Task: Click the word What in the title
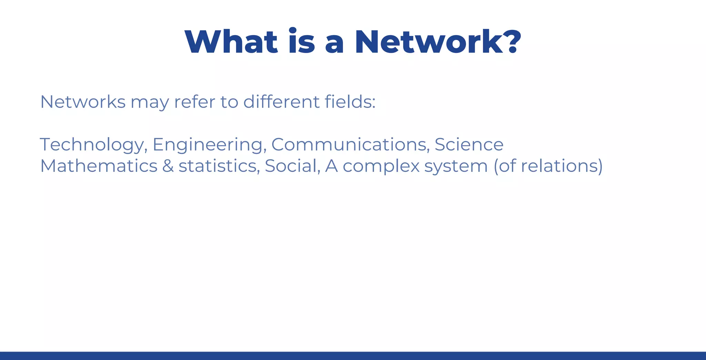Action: [231, 42]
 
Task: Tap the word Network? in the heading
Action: [438, 42]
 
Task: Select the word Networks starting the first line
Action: [83, 102]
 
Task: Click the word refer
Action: [195, 102]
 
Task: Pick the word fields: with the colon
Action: [350, 102]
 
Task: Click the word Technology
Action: [93, 145]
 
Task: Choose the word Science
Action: [469, 145]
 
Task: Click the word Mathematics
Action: [99, 166]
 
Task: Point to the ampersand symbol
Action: [168, 166]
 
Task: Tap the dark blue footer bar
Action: [353, 356]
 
